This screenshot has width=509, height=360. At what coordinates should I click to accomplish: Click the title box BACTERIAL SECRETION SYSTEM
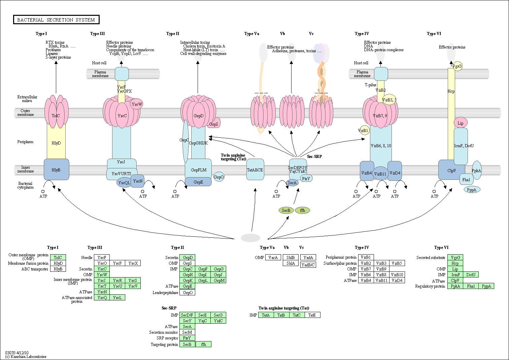point(56,20)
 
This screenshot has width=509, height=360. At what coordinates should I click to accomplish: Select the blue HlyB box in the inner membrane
point(56,169)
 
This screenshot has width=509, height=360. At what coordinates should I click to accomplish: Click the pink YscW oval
point(137,104)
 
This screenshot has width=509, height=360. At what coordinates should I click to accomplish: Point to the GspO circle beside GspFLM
point(219,177)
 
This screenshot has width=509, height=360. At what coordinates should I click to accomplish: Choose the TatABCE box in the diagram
point(255,169)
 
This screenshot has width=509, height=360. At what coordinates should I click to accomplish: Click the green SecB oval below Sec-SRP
point(286,210)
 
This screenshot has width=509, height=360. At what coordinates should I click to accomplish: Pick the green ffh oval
point(302,210)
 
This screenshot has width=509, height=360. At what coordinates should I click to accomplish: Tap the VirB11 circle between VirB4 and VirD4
point(380,174)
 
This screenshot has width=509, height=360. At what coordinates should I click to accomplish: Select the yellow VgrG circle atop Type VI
point(457,66)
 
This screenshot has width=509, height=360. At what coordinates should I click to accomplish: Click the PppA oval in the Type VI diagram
point(472,190)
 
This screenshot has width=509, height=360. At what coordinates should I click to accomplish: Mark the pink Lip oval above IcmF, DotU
point(461,123)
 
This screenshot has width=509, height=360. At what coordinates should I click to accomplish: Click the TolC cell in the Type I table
point(58,257)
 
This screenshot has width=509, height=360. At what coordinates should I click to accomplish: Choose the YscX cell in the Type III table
point(133,263)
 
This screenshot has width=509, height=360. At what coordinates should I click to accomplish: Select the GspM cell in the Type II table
point(218,280)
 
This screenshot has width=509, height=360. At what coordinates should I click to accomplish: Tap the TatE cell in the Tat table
point(312,315)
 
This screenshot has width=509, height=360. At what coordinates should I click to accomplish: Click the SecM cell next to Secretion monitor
point(187,332)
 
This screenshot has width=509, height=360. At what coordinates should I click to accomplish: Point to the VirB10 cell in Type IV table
point(397,274)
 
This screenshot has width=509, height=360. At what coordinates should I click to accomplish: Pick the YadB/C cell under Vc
point(308,265)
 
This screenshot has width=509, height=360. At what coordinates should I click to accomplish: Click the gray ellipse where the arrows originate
point(251,238)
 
